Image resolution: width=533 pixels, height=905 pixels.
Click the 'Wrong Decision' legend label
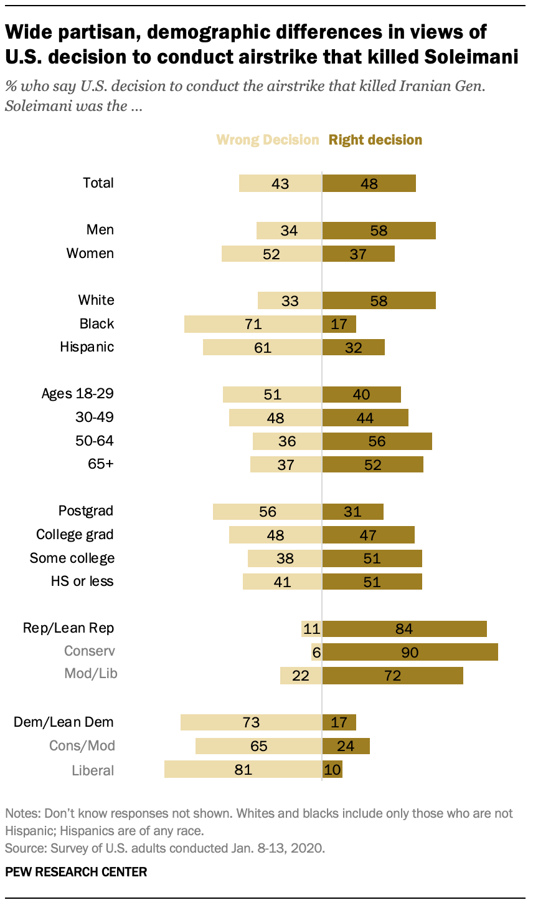(267, 140)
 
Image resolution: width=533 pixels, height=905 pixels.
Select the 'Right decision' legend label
(375, 140)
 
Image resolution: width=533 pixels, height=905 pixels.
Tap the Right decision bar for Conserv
(410, 652)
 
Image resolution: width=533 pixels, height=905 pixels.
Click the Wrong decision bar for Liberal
(243, 769)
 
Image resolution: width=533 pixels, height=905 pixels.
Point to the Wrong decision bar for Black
(253, 324)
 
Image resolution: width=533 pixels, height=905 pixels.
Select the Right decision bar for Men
(379, 231)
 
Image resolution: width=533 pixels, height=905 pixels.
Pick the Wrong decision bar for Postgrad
(267, 511)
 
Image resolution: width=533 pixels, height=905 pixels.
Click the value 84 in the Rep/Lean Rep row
(404, 628)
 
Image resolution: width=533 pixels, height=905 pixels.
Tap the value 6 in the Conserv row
(316, 652)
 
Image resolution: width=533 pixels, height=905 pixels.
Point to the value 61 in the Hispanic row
(263, 348)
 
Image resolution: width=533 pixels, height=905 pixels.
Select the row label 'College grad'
(75, 535)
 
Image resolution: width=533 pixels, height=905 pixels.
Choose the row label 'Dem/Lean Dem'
(64, 722)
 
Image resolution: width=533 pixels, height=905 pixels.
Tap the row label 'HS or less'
(82, 582)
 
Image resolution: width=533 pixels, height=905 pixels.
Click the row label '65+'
(100, 464)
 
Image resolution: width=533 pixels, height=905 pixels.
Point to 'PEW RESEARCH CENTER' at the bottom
(76, 872)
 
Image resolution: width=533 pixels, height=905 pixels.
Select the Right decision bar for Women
(358, 254)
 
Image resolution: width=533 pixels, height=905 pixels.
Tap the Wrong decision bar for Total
(280, 183)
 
